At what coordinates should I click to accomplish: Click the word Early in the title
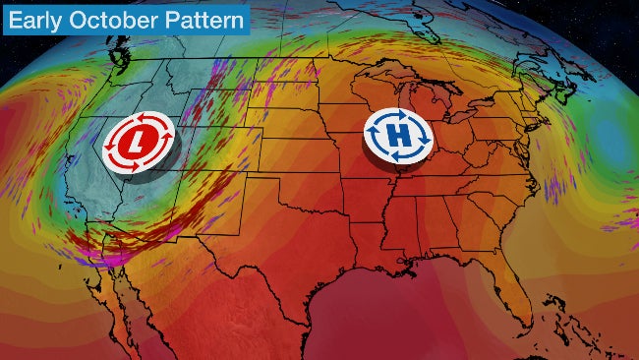(37, 19)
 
